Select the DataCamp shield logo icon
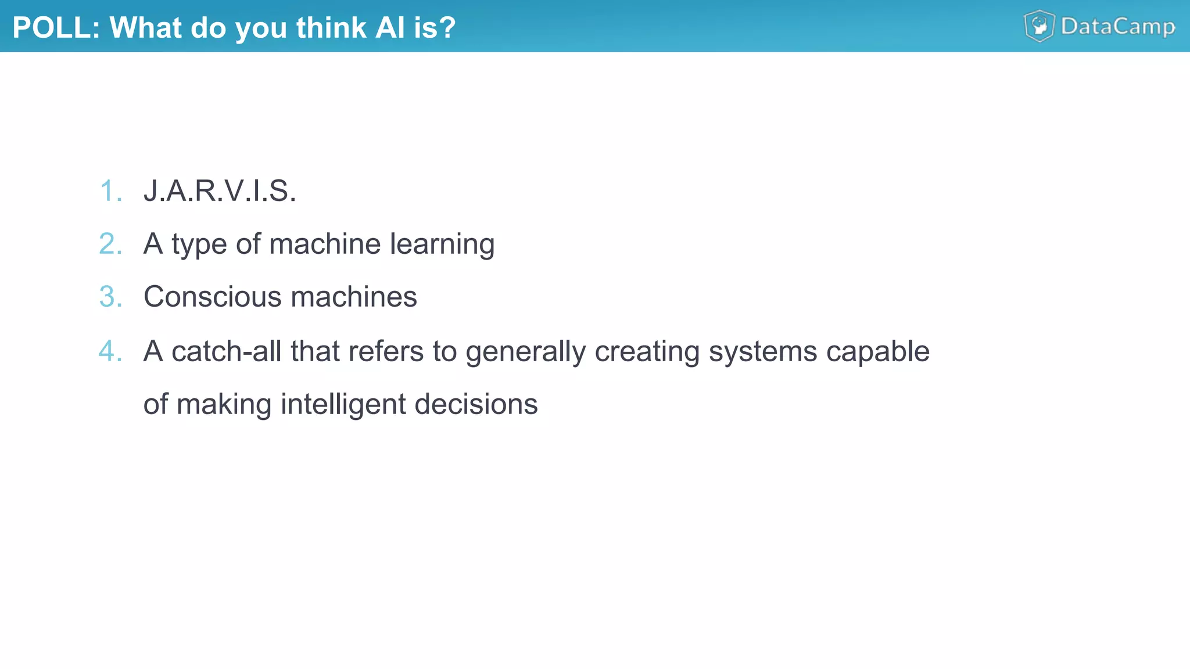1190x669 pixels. [x=1039, y=26]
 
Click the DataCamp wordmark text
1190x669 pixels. [x=1118, y=27]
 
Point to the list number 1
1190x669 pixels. [x=110, y=191]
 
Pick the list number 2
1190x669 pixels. [x=110, y=244]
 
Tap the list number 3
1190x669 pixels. [x=110, y=297]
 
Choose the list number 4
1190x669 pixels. [x=110, y=351]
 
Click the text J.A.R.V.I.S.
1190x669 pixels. [x=220, y=191]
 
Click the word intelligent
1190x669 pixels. [x=343, y=405]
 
